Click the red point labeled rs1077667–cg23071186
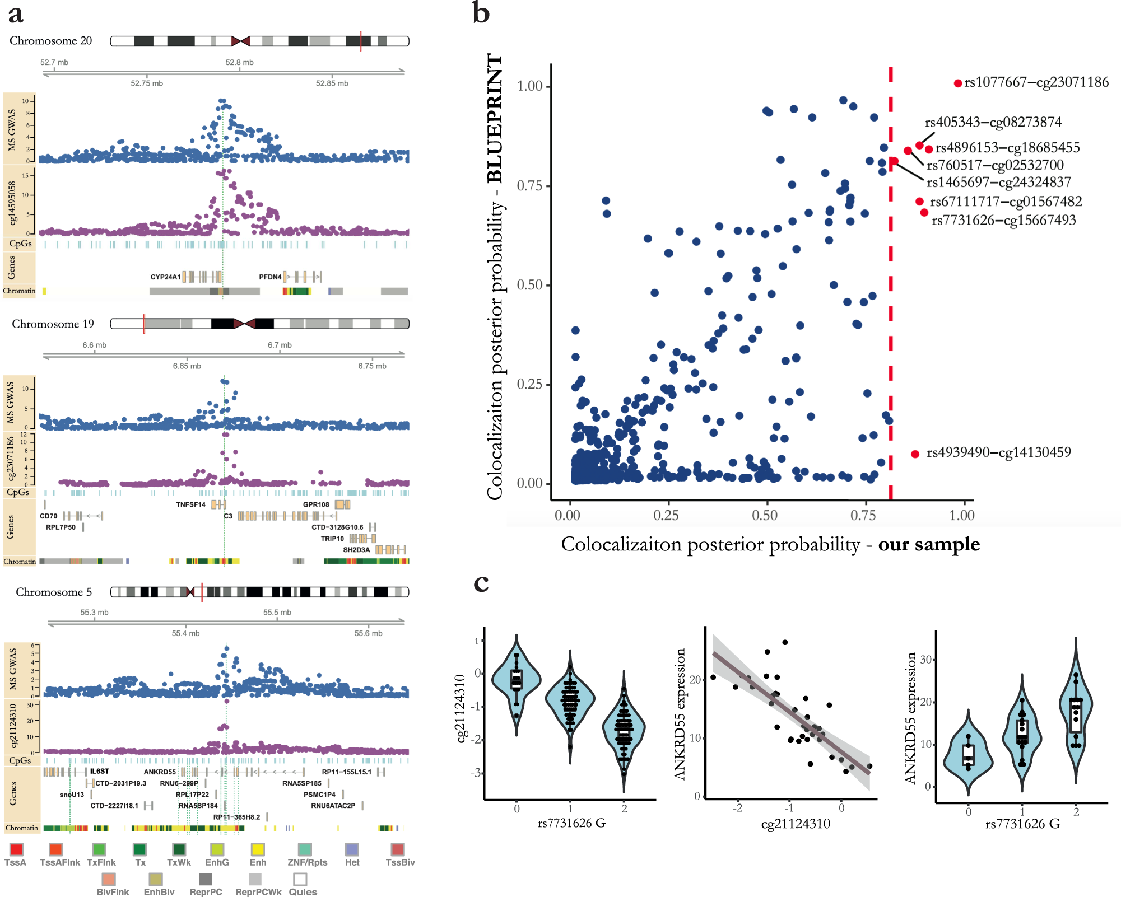click(958, 83)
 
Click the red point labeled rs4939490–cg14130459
click(915, 454)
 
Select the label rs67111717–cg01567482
click(1006, 202)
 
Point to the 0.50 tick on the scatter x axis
click(765, 515)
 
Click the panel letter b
click(481, 12)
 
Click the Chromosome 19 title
click(53, 324)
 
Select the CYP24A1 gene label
click(165, 277)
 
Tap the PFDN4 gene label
click(270, 277)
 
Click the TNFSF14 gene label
click(190, 504)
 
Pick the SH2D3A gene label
click(356, 550)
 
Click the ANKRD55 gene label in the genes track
click(160, 772)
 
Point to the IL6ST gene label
click(100, 772)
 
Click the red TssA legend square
click(16, 849)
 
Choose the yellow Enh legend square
click(258, 849)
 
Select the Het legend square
click(352, 849)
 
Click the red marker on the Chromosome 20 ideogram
click(360, 41)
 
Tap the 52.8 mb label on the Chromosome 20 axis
click(239, 62)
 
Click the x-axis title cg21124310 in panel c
click(796, 824)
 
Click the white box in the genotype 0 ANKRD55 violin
click(969, 755)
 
